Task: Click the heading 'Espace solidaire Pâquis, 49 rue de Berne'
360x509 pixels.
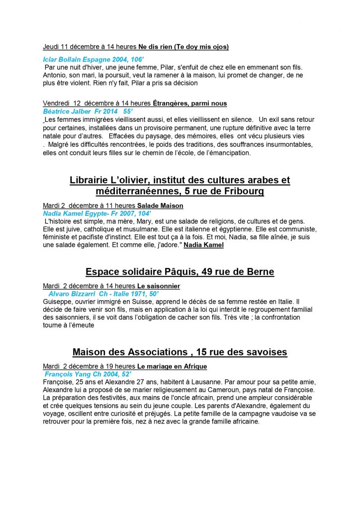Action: click(180, 272)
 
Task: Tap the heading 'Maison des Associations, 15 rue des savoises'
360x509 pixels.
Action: click(180, 352)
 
